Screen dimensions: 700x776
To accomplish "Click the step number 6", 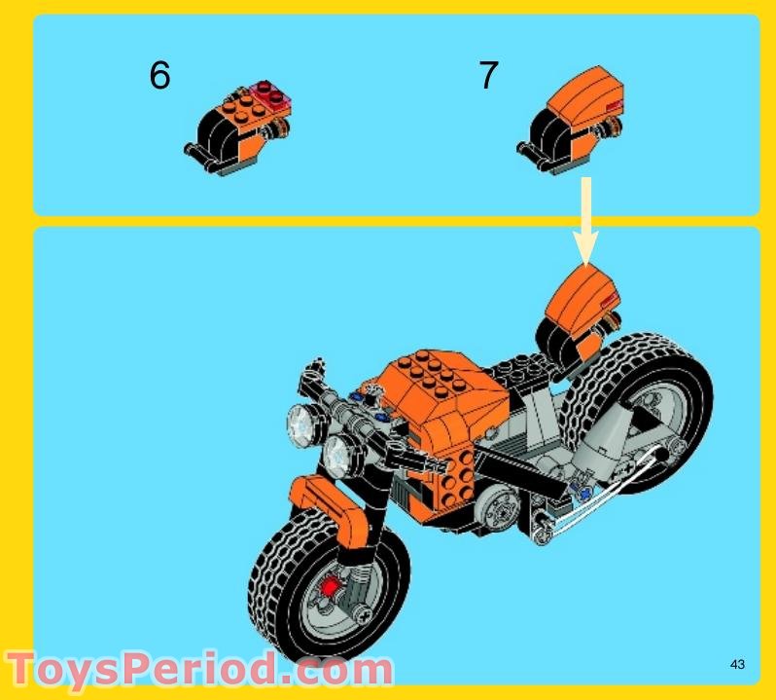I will (159, 75).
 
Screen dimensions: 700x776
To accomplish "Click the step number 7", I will (489, 75).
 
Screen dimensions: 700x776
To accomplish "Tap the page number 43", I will (736, 665).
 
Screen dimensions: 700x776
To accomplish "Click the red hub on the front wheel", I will (330, 585).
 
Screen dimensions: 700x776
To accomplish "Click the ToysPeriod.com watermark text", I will (199, 670).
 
